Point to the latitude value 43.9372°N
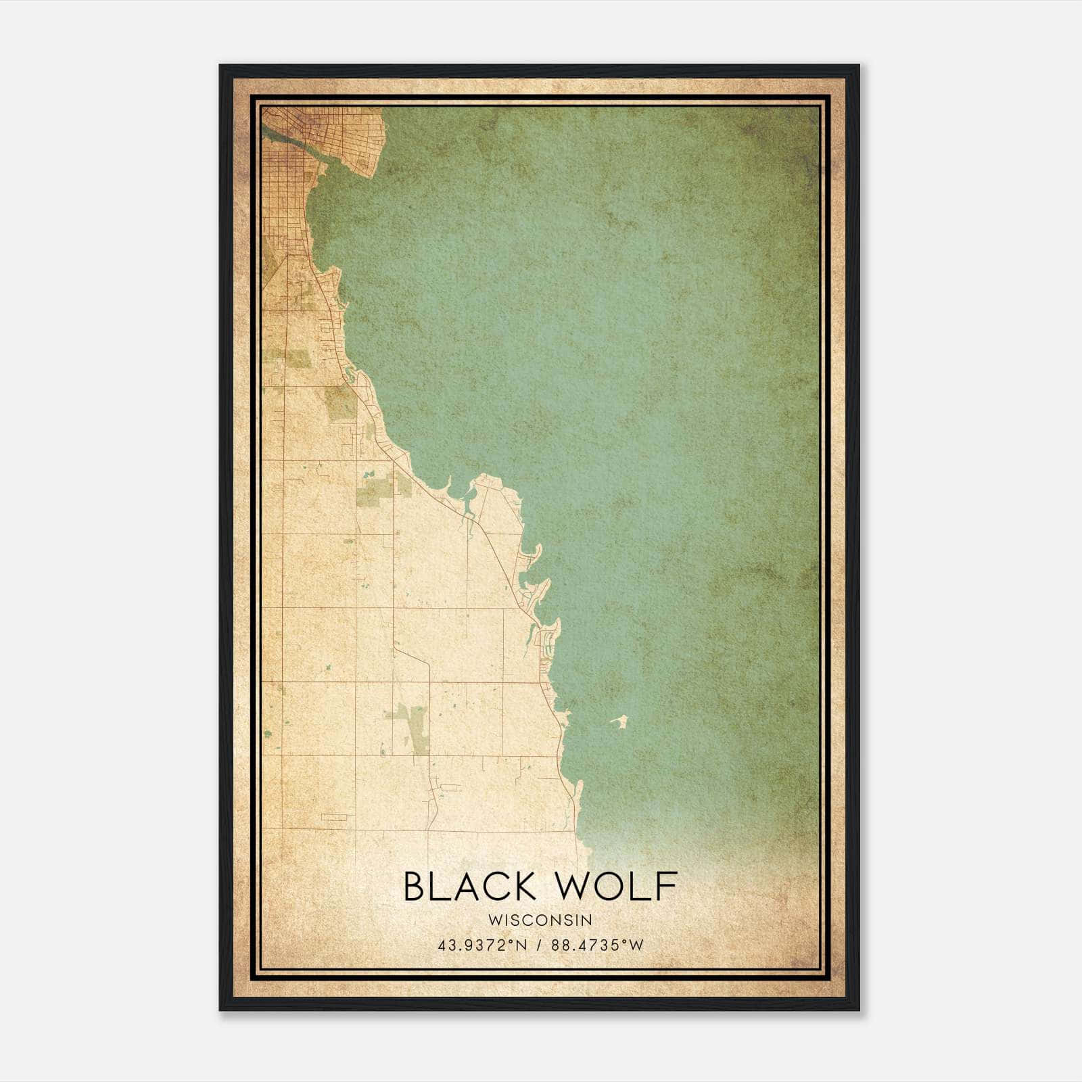(482, 945)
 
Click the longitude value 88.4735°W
(598, 945)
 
